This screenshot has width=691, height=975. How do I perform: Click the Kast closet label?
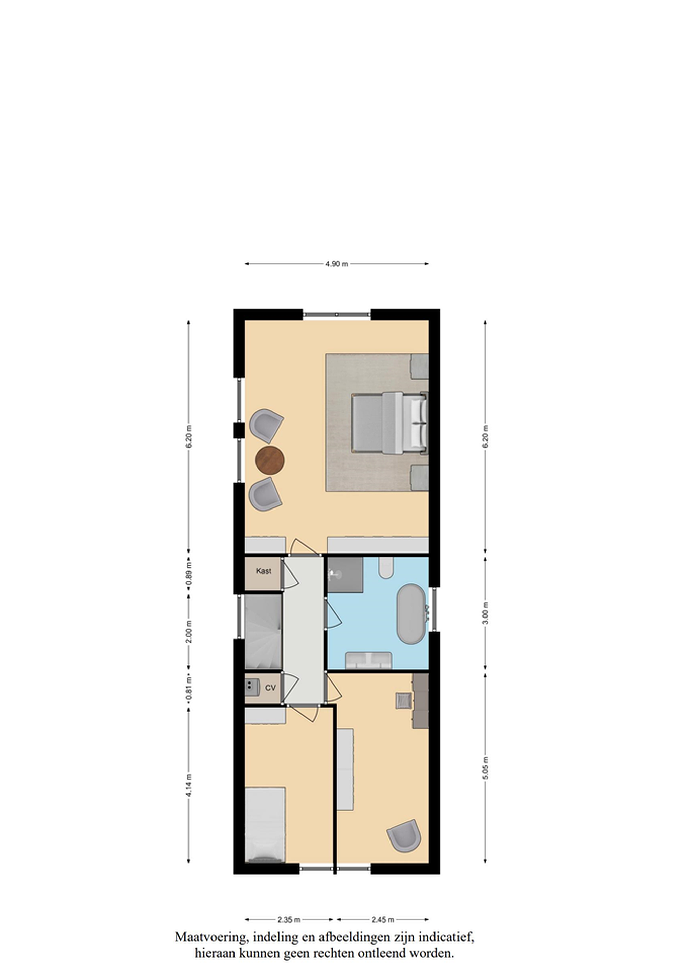point(263,571)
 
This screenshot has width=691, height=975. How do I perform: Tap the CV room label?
point(270,688)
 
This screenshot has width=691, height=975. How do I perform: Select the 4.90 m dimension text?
point(337,264)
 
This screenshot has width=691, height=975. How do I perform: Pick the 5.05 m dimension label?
point(486,768)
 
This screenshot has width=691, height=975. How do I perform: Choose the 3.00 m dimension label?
point(486,612)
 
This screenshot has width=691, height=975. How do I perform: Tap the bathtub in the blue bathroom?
point(410,614)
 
